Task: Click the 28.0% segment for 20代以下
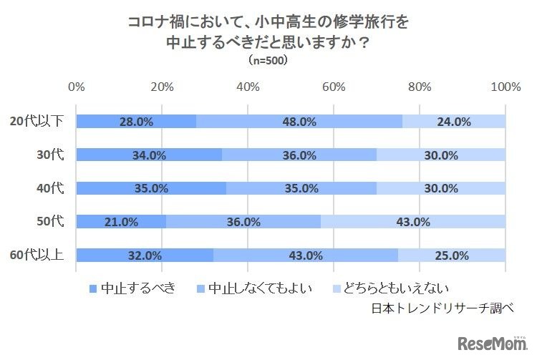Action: click(136, 122)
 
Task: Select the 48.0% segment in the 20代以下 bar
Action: click(299, 122)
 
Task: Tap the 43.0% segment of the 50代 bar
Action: click(413, 222)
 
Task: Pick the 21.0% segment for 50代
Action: click(121, 222)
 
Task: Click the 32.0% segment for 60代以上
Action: click(145, 256)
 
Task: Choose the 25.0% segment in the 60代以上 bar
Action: click(451, 256)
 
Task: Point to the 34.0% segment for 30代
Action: click(149, 155)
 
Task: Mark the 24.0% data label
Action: click(453, 122)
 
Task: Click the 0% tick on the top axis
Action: click(76, 87)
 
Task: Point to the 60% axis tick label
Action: click(334, 87)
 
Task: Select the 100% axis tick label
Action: click(507, 87)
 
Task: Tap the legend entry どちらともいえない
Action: click(396, 288)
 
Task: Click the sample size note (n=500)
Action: click(268, 61)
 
